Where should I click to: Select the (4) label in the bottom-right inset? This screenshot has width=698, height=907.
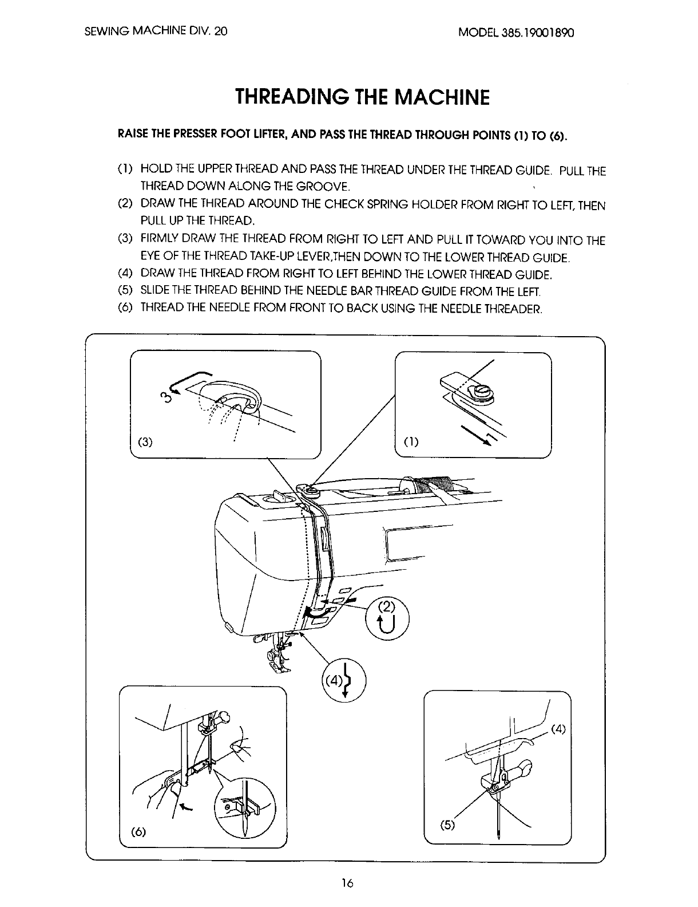(558, 729)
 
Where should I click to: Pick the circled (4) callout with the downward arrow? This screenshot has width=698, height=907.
(344, 680)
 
